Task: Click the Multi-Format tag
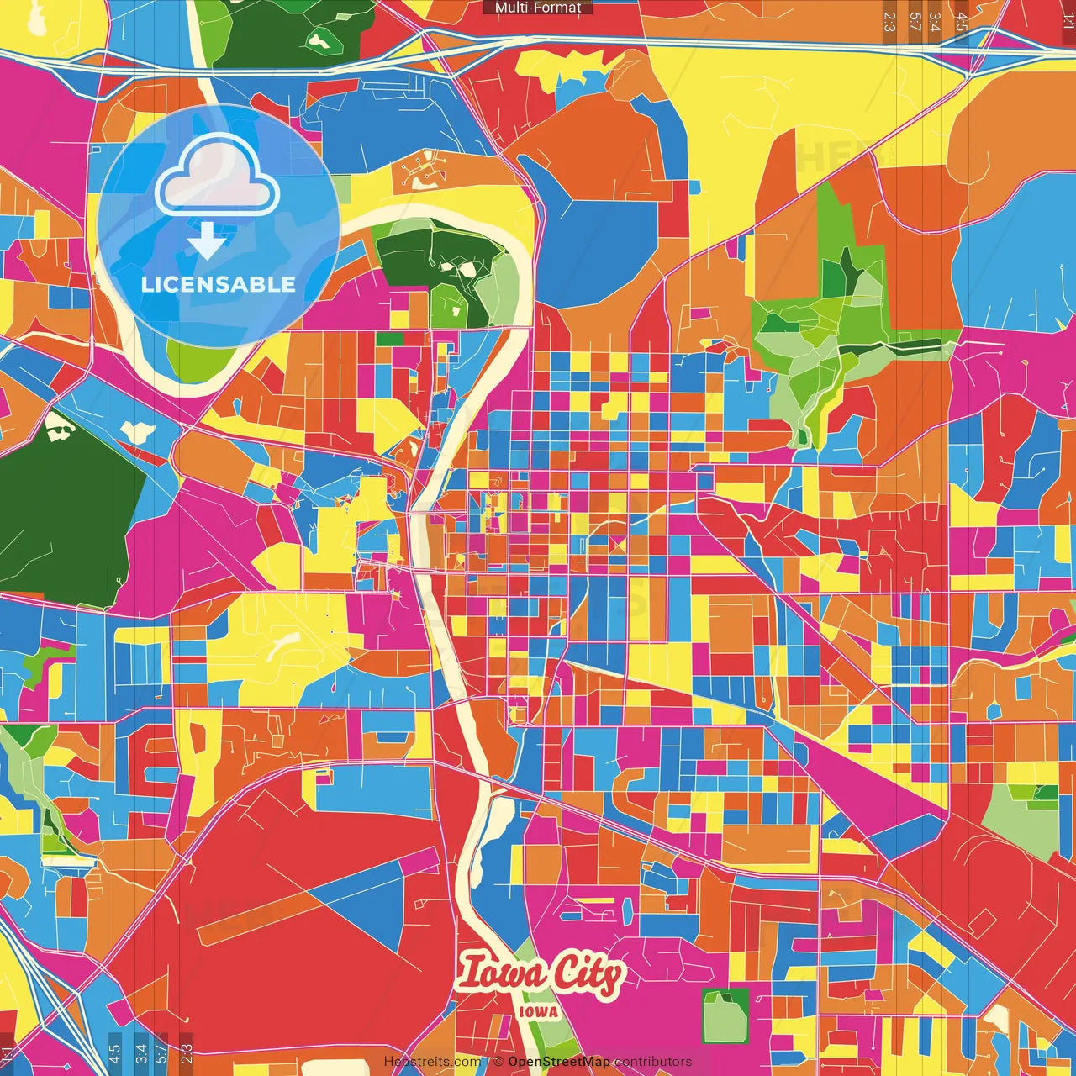(x=538, y=8)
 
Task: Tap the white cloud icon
(x=217, y=177)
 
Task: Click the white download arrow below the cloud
(x=207, y=241)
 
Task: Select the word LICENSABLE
(x=219, y=284)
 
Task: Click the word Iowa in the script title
(x=501, y=973)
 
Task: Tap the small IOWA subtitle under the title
(x=538, y=1012)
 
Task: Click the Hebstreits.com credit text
(x=432, y=1062)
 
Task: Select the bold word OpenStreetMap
(x=559, y=1062)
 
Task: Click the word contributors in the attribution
(x=653, y=1062)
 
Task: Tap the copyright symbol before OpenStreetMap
(x=498, y=1062)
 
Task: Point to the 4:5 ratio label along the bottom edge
(x=114, y=1053)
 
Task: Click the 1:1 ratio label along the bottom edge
(x=8, y=1053)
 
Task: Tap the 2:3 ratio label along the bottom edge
(x=187, y=1053)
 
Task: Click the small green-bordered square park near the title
(x=725, y=1015)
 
